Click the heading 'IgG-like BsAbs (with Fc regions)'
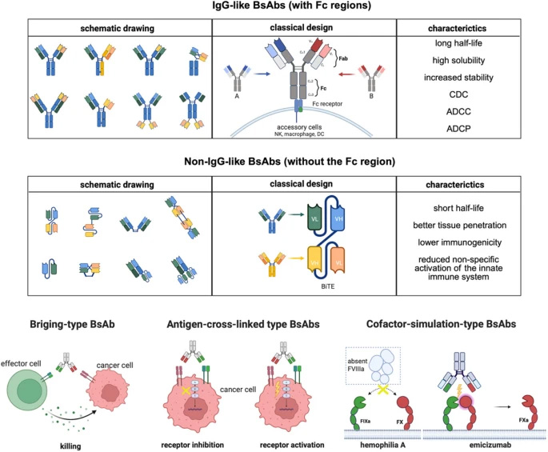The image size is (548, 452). [x=274, y=9]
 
